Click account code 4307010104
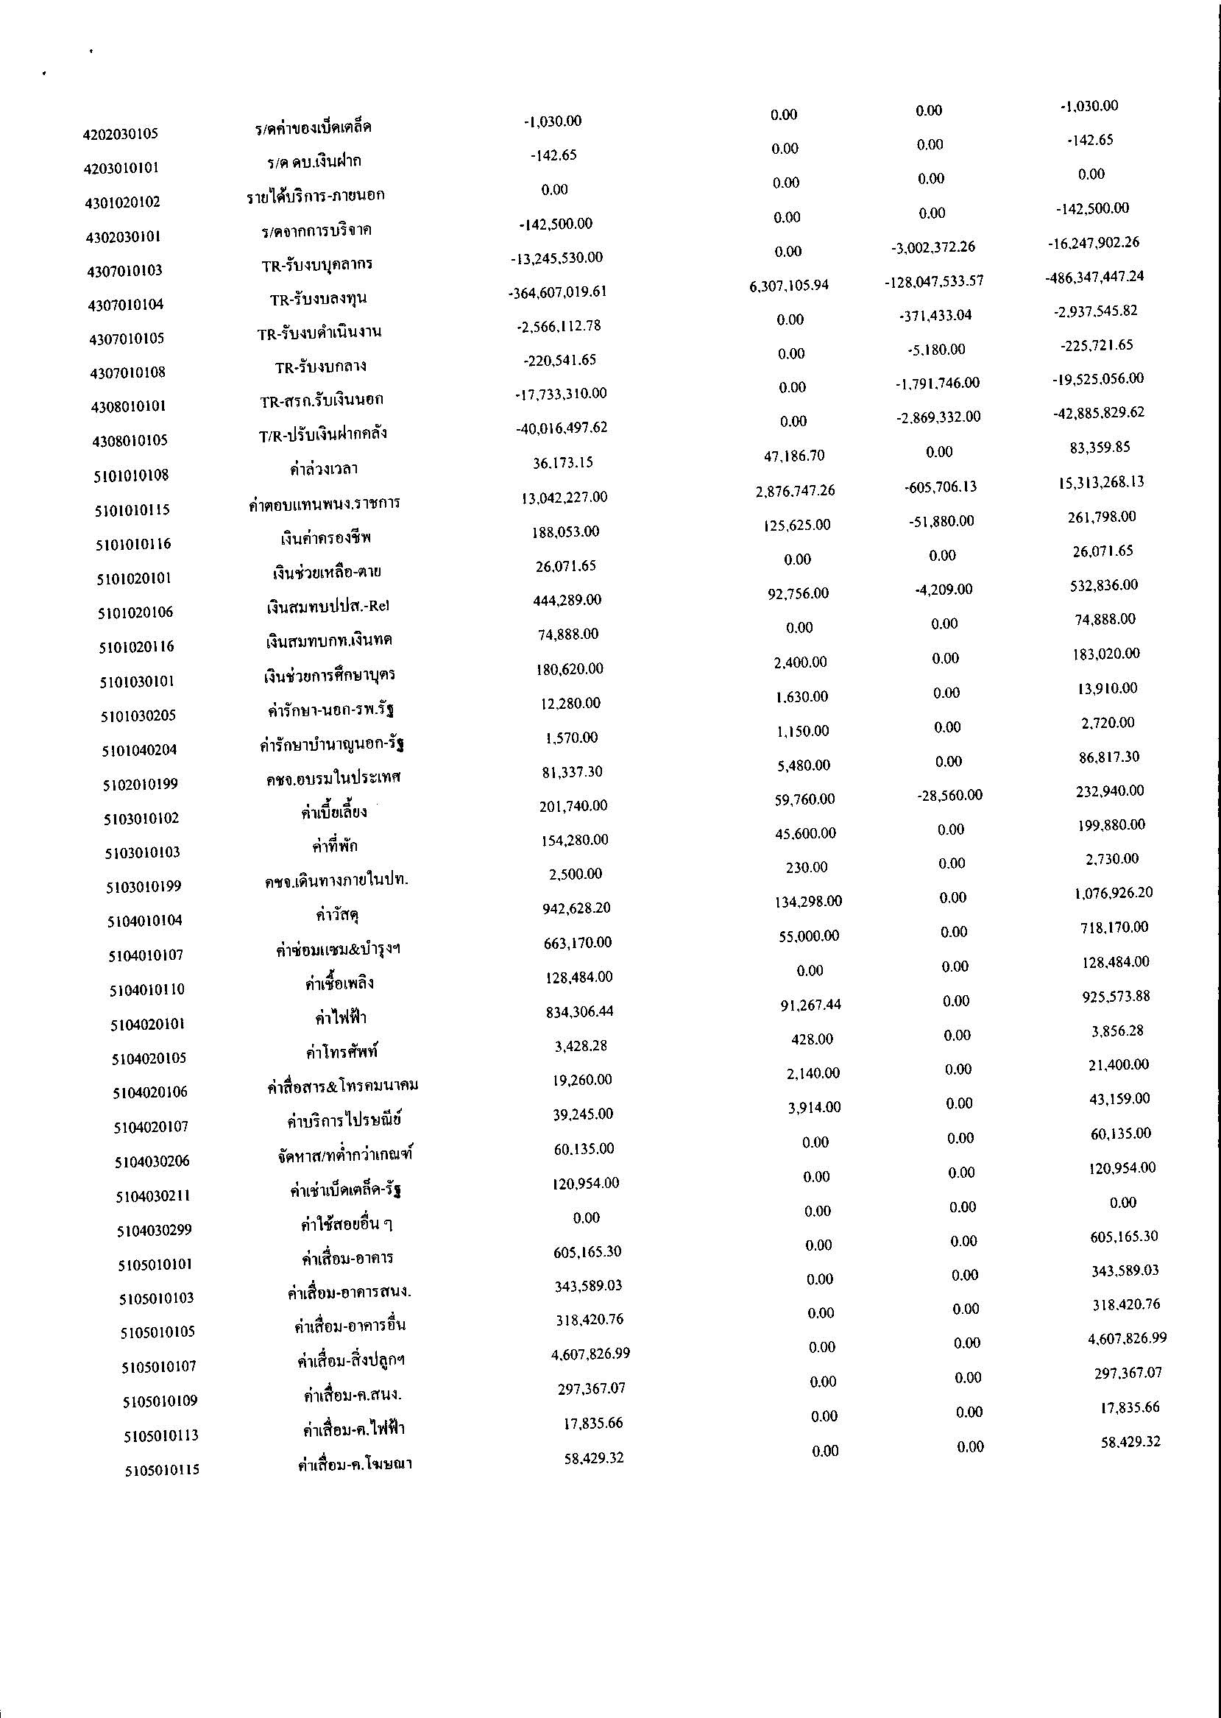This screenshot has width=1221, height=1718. point(126,305)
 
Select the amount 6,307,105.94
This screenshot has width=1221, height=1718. point(789,286)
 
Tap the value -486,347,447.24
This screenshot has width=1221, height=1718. point(1094,277)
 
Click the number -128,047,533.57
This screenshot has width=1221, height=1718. point(934,281)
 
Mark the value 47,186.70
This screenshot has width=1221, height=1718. point(794,456)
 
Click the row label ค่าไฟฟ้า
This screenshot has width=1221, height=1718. point(341,1018)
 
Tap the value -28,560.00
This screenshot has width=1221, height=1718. point(949,795)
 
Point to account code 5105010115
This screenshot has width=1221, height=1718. point(163,1469)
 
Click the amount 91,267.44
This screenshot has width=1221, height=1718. point(810,1005)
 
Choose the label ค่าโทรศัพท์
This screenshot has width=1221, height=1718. point(341,1052)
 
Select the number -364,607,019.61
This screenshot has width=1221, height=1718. point(557,291)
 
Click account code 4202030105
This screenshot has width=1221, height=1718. point(120,135)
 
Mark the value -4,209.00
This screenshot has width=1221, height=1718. point(944,589)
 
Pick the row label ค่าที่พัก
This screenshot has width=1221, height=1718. point(336,846)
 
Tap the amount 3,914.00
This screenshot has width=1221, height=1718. point(814,1107)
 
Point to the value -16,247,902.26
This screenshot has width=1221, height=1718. point(1093,243)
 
